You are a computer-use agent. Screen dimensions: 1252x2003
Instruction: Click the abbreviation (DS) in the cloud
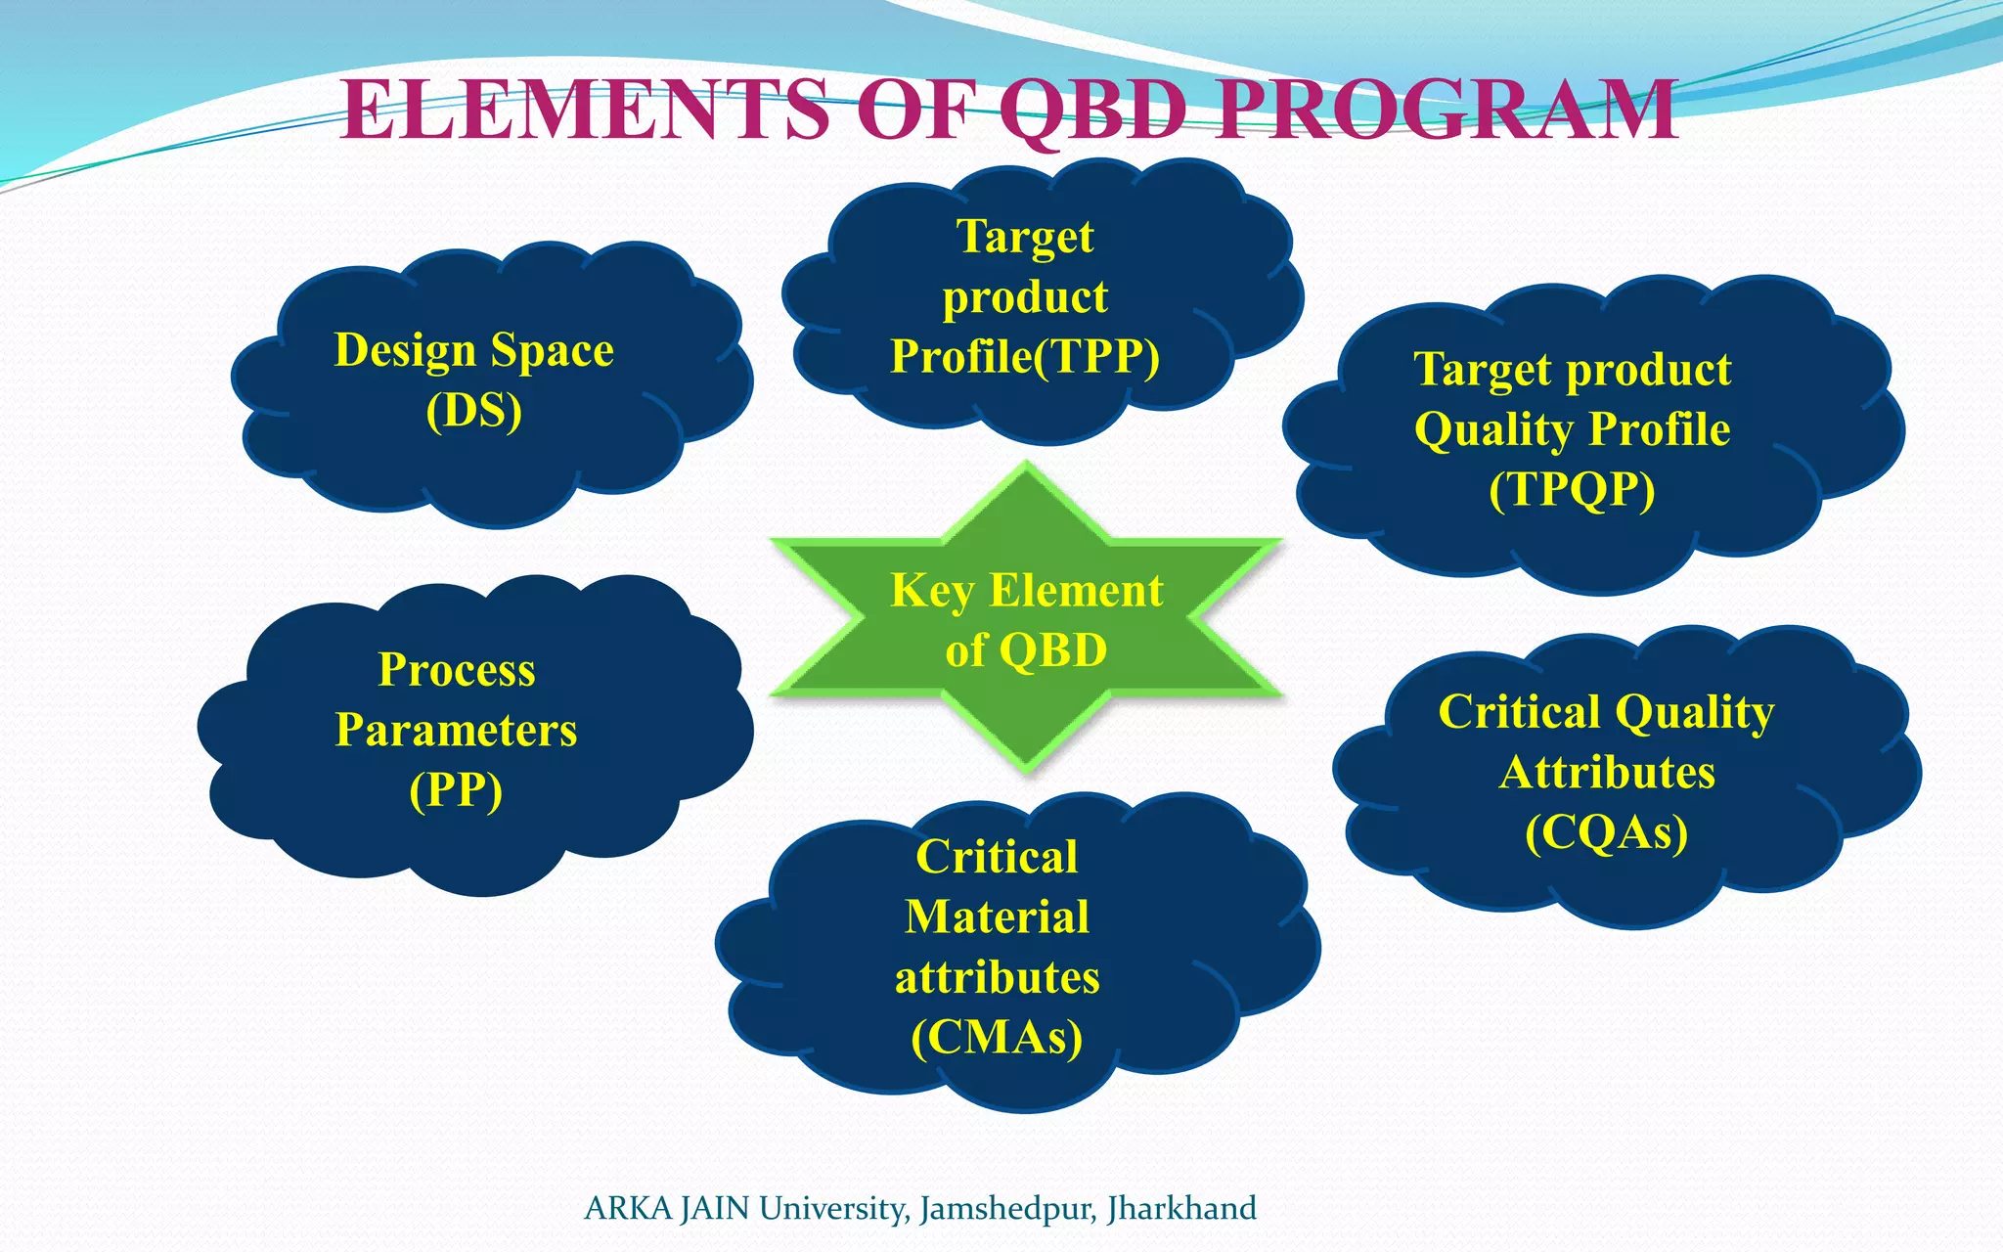click(474, 410)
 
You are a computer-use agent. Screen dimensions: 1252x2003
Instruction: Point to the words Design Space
click(474, 350)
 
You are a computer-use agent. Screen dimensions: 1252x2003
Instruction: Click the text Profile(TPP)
click(1025, 356)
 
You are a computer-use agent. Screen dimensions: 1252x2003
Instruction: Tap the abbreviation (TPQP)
click(1572, 489)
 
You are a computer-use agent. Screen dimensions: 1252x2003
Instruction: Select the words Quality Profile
click(1572, 429)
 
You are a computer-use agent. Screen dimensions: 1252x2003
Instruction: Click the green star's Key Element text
click(1027, 591)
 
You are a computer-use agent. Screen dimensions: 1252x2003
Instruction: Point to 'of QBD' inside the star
click(1027, 650)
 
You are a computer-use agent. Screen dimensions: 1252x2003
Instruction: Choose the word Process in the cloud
click(457, 670)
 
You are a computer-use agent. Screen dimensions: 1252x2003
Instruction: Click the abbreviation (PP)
click(457, 790)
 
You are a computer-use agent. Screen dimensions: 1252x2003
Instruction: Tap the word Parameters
click(457, 730)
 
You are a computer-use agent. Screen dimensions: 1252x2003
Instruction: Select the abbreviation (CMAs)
click(997, 1038)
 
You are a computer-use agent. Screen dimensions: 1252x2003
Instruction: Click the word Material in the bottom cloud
click(997, 917)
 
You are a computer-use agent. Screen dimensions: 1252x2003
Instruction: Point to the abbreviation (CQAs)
click(1607, 832)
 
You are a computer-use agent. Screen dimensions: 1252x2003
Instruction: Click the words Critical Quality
click(1606, 712)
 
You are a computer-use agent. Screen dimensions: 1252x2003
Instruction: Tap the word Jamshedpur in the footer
click(1008, 1209)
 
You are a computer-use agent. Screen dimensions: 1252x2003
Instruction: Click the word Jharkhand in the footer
click(1181, 1209)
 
